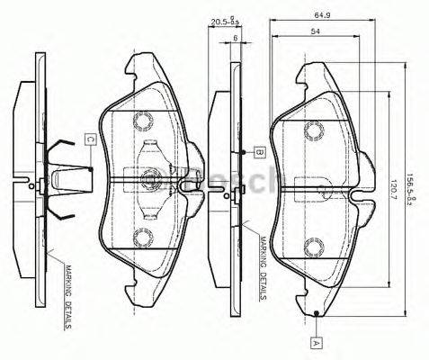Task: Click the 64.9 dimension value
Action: pyautogui.click(x=320, y=14)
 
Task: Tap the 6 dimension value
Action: pyautogui.click(x=235, y=38)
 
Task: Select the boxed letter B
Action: pyautogui.click(x=257, y=152)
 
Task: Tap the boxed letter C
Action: pyautogui.click(x=91, y=139)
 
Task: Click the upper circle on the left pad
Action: pyautogui.click(x=142, y=121)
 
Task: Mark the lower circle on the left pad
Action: pyautogui.click(x=142, y=238)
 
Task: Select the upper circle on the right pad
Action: pyautogui.click(x=315, y=130)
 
